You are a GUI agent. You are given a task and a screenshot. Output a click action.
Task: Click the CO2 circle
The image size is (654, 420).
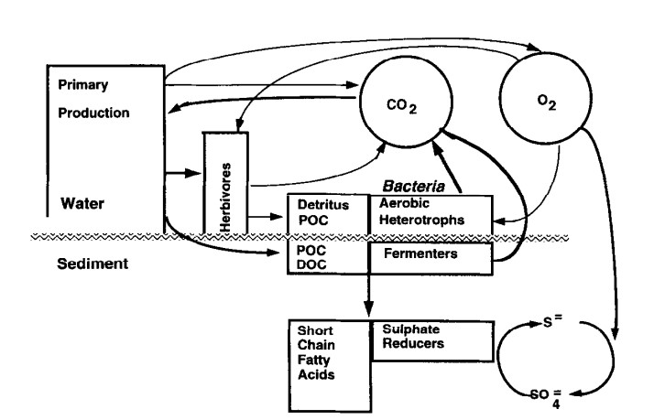[395, 111]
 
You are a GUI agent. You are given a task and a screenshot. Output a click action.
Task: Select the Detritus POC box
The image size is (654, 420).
[327, 212]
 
